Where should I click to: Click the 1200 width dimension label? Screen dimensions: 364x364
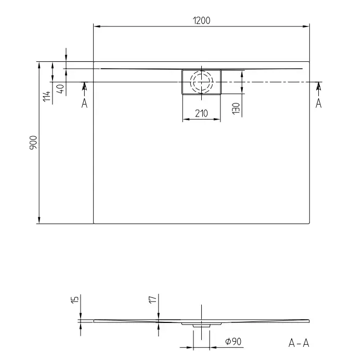tap(202, 21)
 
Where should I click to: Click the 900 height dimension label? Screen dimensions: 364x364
tap(33, 142)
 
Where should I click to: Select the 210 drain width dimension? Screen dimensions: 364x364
tap(201, 113)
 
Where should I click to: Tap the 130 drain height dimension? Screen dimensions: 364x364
tap(236, 108)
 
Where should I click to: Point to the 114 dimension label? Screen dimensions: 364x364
tap(47, 96)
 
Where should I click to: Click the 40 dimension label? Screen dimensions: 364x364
tap(60, 89)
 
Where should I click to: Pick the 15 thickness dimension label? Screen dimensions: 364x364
tap(75, 299)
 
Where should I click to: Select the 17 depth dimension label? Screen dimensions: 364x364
tap(153, 299)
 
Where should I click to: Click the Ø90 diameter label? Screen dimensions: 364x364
tap(233, 341)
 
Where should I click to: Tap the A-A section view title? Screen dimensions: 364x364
tap(299, 343)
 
